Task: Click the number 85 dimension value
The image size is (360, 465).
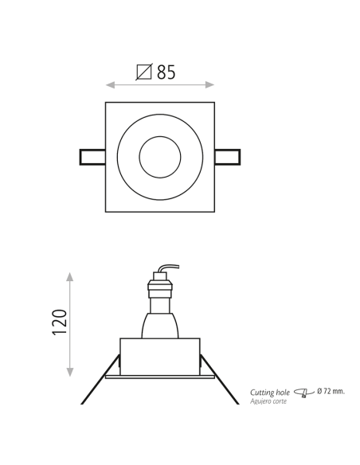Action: [x=166, y=72]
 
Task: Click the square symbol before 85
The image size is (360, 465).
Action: [x=144, y=72]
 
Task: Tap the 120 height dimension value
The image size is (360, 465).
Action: [x=60, y=322]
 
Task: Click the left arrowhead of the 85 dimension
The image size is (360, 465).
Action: [x=110, y=84]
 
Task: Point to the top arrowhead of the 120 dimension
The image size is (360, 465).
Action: [x=70, y=276]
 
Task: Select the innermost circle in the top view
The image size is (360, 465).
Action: [x=160, y=157]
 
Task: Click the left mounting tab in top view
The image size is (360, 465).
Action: [x=92, y=157]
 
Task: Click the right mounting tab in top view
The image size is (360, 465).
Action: [x=227, y=157]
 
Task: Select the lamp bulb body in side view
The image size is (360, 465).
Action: [x=159, y=325]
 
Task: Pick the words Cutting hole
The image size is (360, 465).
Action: [x=269, y=393]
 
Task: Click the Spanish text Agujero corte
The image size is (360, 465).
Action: [x=268, y=401]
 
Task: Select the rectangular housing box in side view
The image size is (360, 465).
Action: [x=159, y=357]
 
